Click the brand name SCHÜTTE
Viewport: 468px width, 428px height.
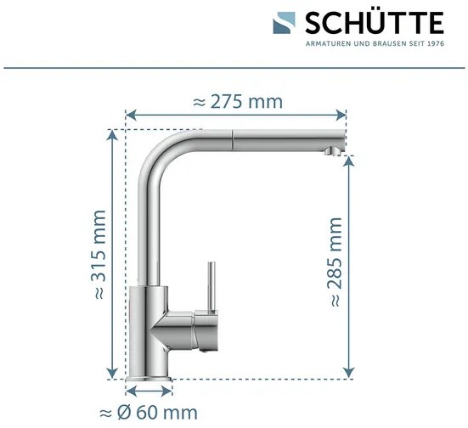point(374,20)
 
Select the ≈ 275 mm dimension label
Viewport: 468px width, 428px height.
point(237,102)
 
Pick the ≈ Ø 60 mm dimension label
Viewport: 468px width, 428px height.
point(149,414)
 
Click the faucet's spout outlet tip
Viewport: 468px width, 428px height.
point(333,151)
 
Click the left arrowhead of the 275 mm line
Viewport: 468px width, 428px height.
point(129,113)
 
